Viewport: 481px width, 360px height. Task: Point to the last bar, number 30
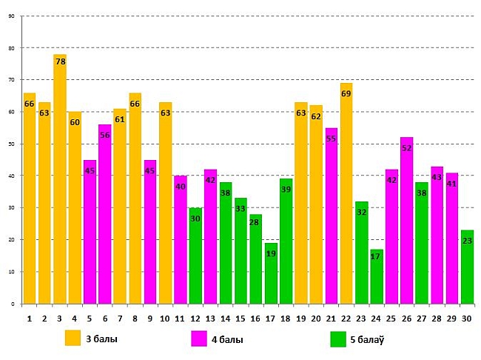(467, 270)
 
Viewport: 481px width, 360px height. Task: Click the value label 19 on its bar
(271, 253)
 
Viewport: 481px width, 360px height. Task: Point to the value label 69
(346, 93)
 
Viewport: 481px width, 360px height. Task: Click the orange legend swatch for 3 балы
(73, 339)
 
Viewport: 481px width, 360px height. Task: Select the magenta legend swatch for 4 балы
(198, 339)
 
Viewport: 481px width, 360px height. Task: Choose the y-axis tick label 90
(10, 16)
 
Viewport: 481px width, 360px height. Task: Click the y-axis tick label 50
(10, 144)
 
